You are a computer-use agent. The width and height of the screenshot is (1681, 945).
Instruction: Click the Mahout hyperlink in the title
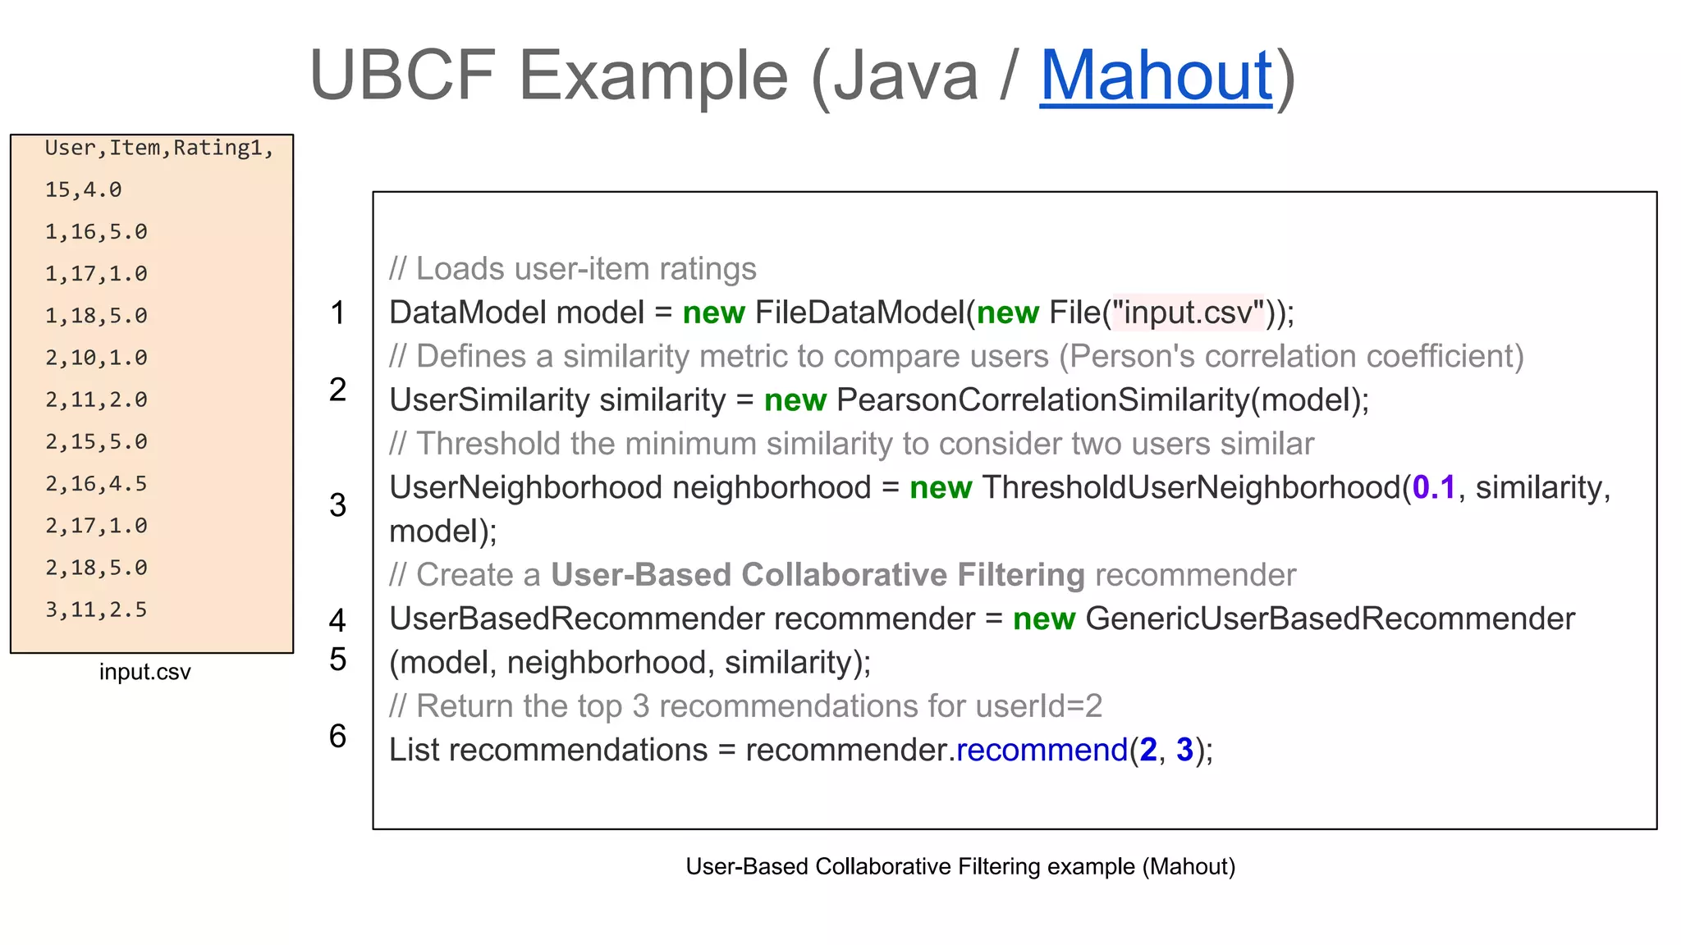pyautogui.click(x=1156, y=75)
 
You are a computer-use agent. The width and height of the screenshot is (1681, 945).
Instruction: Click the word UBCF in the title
pyautogui.click(x=402, y=75)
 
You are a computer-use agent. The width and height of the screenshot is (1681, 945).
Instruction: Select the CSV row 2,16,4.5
pyautogui.click(x=96, y=484)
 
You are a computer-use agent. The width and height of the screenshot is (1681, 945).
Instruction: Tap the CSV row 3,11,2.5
pyautogui.click(x=96, y=609)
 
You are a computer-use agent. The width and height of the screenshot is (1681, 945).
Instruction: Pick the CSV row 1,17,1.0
pyautogui.click(x=96, y=274)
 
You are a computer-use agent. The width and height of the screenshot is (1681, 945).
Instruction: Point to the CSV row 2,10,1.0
pyautogui.click(x=96, y=358)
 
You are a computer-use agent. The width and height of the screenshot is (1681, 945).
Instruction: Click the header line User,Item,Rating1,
pyautogui.click(x=158, y=148)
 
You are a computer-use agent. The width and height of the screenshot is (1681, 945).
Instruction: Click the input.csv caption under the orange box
pyautogui.click(x=144, y=672)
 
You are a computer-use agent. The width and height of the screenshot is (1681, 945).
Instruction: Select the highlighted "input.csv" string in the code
pyautogui.click(x=1188, y=313)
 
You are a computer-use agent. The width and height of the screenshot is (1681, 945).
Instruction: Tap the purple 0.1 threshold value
pyautogui.click(x=1433, y=487)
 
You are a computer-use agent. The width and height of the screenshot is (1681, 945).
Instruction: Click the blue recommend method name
pyautogui.click(x=1042, y=750)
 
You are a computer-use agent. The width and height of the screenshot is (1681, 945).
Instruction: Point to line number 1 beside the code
pyautogui.click(x=337, y=313)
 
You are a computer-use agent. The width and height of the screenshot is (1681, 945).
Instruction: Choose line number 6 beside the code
pyautogui.click(x=337, y=736)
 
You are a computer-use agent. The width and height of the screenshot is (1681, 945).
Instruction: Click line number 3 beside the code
pyautogui.click(x=337, y=504)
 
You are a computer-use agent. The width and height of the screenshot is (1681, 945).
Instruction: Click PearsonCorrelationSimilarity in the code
pyautogui.click(x=1042, y=400)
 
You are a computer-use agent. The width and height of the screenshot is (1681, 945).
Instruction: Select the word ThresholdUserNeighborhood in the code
pyautogui.click(x=1191, y=487)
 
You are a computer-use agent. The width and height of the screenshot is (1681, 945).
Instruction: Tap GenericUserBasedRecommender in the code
pyautogui.click(x=1330, y=619)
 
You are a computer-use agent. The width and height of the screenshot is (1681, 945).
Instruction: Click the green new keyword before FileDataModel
pyautogui.click(x=713, y=313)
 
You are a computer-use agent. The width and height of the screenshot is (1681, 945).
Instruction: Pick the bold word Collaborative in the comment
pyautogui.click(x=843, y=575)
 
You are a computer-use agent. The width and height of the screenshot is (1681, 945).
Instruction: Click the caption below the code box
pyautogui.click(x=960, y=866)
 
